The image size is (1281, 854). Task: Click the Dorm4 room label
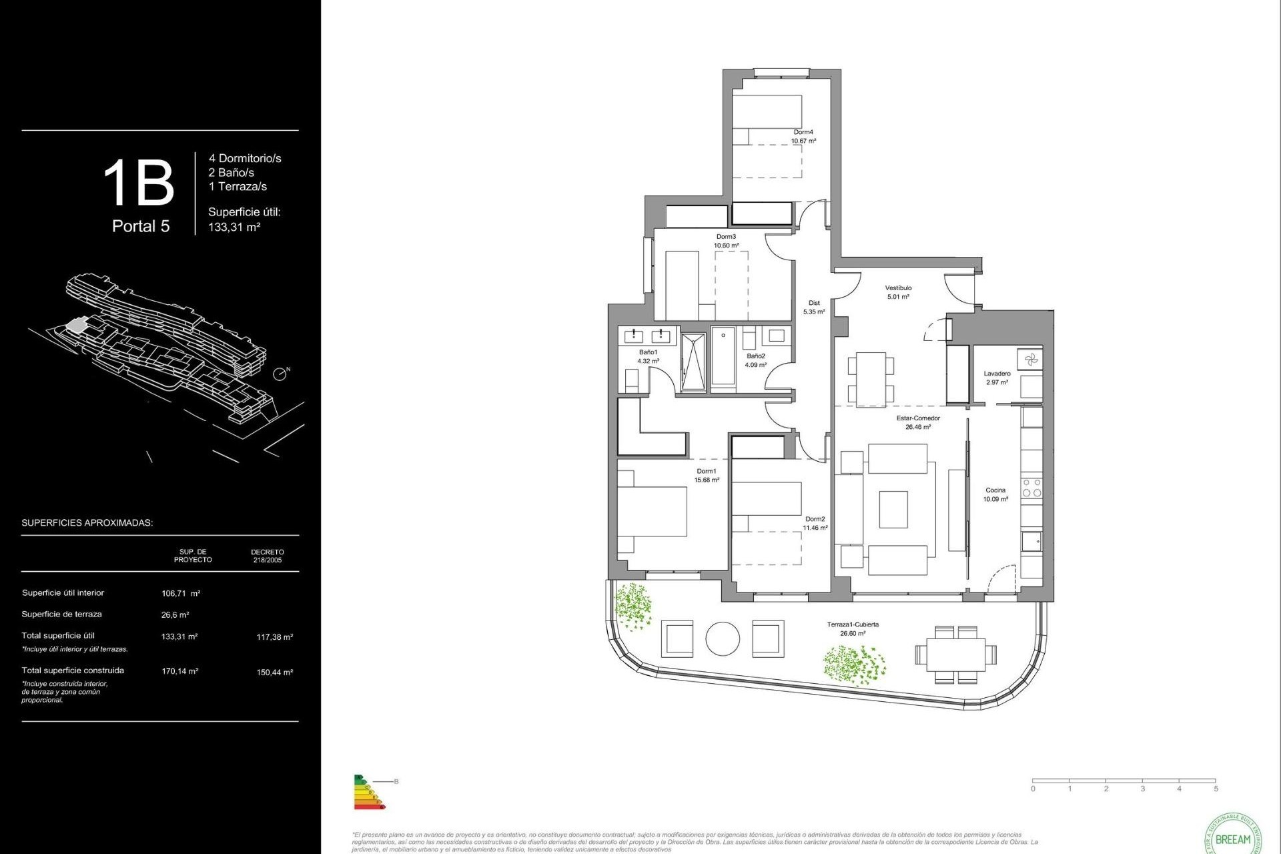pos(803,132)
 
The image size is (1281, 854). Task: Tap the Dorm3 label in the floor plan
pos(726,237)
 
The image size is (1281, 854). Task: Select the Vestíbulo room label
pos(898,288)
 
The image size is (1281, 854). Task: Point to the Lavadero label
pos(997,374)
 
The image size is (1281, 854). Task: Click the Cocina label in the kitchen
pos(995,490)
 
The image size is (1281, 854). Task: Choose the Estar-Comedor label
pos(918,418)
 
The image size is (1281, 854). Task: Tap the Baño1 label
pos(648,352)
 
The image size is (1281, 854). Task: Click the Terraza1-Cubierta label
pos(853,624)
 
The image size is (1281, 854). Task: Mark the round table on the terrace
pos(723,638)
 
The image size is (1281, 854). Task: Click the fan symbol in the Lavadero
pos(1031,360)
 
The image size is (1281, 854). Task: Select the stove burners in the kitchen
pos(1031,488)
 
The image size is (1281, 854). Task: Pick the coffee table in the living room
pos(893,509)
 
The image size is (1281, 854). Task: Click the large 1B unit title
pos(139,183)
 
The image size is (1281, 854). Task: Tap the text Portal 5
pos(141,226)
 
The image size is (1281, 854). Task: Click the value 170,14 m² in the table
pos(179,671)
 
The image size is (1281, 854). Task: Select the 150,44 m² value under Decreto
pos(274,673)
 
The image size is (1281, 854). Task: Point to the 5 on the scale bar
pos(1216,789)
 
